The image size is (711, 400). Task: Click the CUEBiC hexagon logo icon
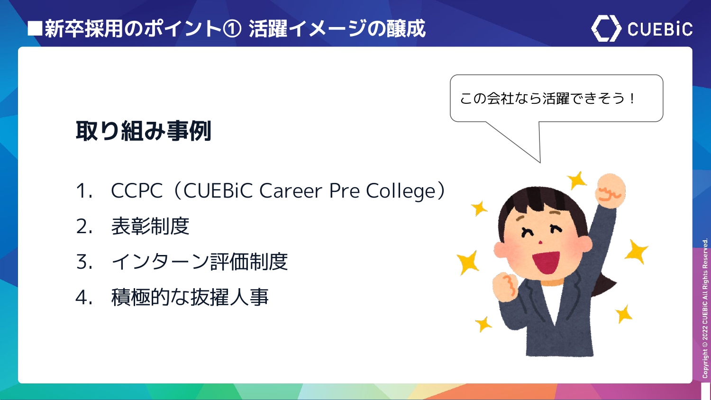(606, 28)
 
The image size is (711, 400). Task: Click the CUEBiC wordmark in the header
(660, 29)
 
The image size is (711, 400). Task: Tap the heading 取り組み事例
(144, 130)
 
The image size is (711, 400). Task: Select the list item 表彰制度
(150, 226)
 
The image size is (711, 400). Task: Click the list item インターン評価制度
(200, 262)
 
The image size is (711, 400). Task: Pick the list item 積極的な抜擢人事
(190, 297)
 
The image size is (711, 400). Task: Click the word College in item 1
(401, 191)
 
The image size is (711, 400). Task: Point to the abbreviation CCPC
(137, 191)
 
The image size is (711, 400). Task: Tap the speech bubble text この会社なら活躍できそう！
(547, 99)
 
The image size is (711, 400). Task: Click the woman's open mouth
(546, 262)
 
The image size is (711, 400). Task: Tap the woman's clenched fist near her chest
(506, 286)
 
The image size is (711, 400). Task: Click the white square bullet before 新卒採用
(35, 28)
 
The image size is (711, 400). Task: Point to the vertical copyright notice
(705, 308)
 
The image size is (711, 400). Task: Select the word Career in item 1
(291, 191)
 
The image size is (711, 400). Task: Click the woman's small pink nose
(540, 243)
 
